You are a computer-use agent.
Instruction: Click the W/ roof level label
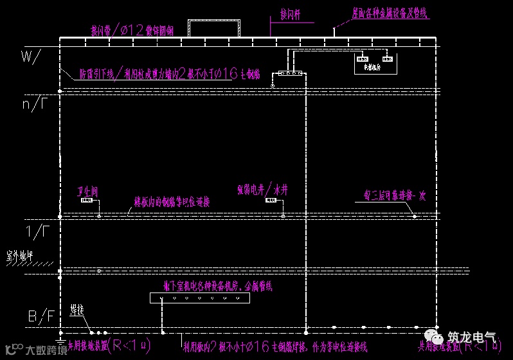(30, 57)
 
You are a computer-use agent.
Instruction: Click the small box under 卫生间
(87, 201)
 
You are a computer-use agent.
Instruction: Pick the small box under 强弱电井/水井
(273, 201)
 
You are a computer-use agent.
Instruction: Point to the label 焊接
(76, 310)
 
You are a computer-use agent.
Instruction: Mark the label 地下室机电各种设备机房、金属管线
(208, 285)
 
